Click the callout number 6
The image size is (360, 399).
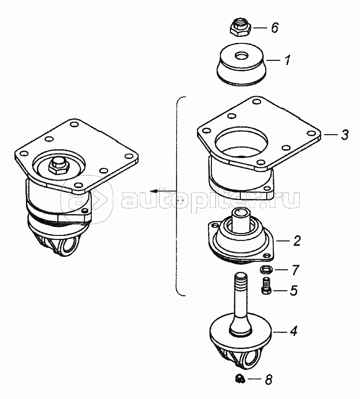point(275,27)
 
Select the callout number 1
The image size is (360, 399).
point(287,60)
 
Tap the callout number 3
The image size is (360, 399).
point(345,135)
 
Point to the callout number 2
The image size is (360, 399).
point(297,241)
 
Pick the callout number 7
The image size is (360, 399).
point(295,270)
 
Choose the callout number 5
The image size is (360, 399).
point(294,290)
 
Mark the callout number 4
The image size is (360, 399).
point(294,331)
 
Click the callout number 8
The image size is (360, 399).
point(269,380)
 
